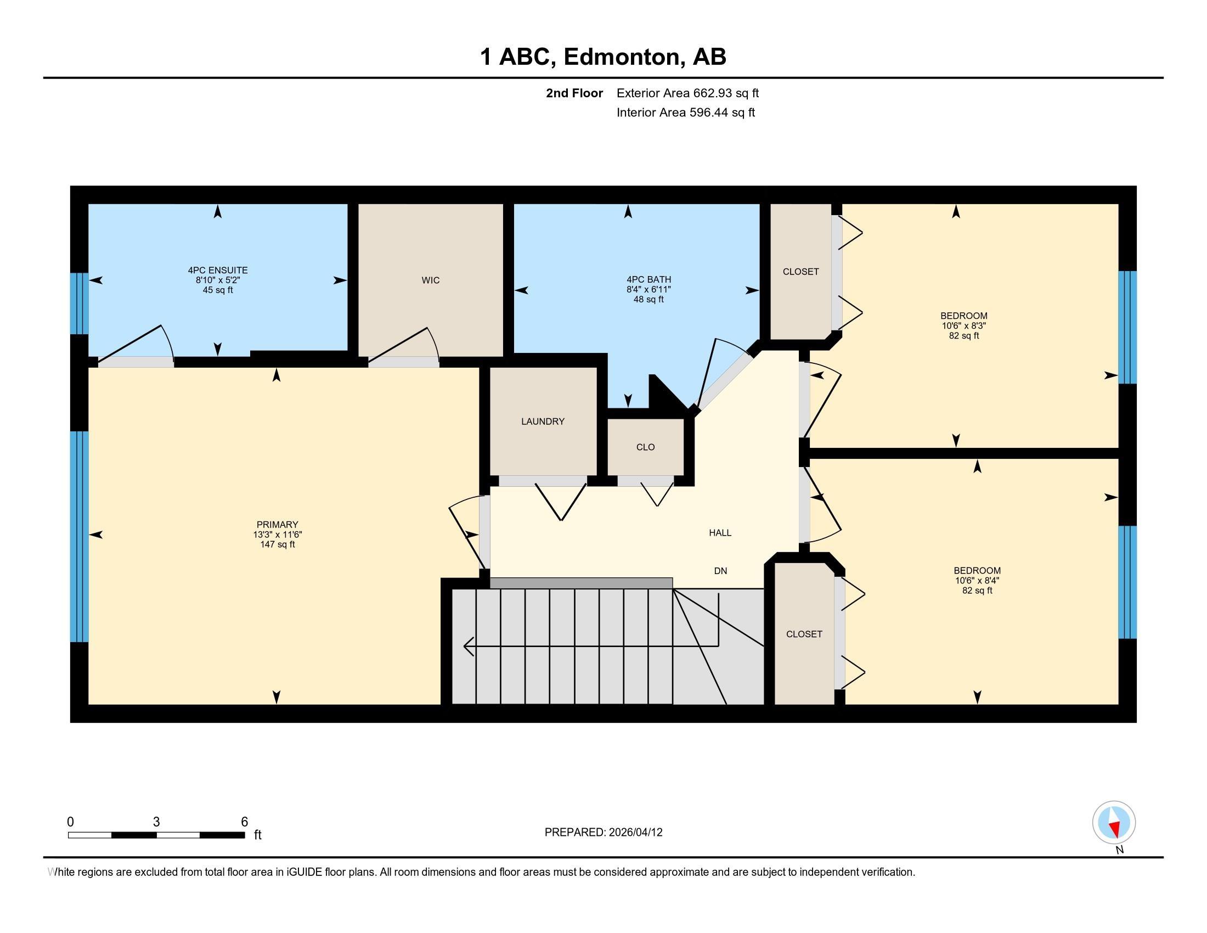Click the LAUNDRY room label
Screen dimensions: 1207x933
543,421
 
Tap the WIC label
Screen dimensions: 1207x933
431,280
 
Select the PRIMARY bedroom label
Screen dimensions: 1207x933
278,525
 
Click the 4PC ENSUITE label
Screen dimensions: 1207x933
218,270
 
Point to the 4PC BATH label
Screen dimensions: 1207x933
649,280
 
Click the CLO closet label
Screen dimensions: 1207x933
646,447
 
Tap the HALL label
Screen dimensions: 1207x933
720,533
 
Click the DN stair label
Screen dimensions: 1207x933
720,571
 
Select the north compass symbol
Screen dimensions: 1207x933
1114,823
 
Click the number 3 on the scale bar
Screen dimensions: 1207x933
156,822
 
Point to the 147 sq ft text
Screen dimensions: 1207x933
278,544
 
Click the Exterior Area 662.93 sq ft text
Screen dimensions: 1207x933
687,93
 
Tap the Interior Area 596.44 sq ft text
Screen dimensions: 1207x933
685,112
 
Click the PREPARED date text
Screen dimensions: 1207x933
603,833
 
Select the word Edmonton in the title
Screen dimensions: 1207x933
622,57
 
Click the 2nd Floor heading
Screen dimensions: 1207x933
574,93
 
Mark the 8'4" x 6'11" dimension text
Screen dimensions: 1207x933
649,290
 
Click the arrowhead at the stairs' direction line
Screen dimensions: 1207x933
467,645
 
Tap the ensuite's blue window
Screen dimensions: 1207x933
80,303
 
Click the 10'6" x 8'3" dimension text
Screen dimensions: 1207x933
964,325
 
